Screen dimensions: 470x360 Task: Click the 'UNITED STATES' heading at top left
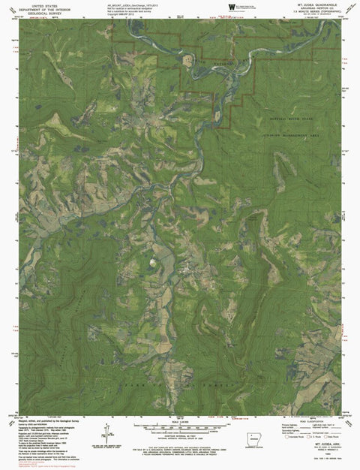pos(43,5)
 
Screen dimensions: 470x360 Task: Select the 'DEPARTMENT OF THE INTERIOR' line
pos(43,9)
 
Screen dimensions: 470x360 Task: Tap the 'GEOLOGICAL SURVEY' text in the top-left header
pos(43,14)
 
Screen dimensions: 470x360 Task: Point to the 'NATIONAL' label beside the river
pos(222,65)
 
